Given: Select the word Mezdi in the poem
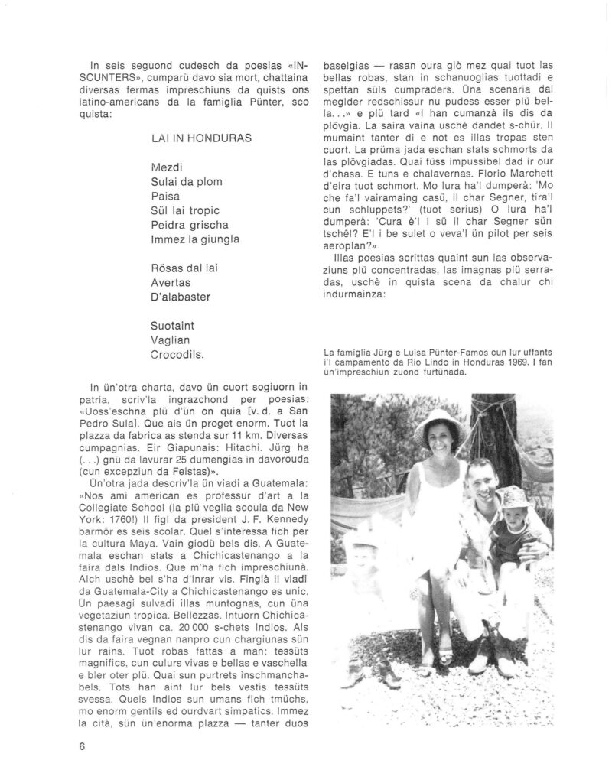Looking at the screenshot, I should (167, 167).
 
